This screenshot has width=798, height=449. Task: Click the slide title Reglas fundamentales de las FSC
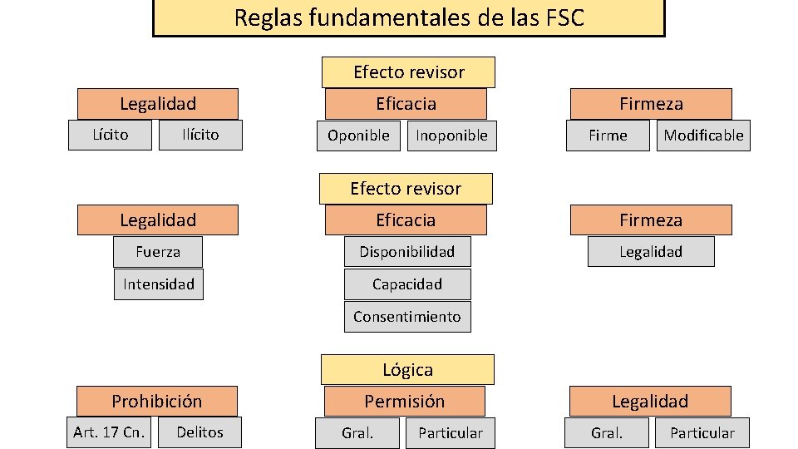(x=409, y=17)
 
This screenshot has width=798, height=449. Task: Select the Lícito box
(x=111, y=134)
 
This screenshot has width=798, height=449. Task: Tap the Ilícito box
(x=200, y=135)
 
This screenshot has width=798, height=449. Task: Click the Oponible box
(x=358, y=136)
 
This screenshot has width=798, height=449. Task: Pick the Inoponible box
(x=451, y=136)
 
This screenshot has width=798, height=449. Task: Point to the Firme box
(x=608, y=136)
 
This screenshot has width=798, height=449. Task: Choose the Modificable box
(x=703, y=136)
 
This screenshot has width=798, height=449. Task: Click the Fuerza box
(x=158, y=251)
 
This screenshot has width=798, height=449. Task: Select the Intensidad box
(x=158, y=284)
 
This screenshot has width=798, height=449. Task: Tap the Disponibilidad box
(x=407, y=251)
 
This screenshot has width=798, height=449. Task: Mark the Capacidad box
(x=407, y=284)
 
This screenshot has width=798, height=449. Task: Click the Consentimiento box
(x=407, y=317)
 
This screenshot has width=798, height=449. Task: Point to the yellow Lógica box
(x=407, y=370)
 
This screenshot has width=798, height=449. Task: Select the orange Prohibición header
(x=157, y=402)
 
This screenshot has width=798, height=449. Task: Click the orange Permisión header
(x=405, y=402)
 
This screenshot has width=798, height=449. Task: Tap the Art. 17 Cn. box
(x=110, y=432)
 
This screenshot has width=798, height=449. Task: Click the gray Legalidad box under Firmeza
(x=651, y=252)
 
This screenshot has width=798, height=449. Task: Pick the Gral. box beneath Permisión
(x=357, y=433)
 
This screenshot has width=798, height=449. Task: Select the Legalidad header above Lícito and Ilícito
(x=158, y=104)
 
